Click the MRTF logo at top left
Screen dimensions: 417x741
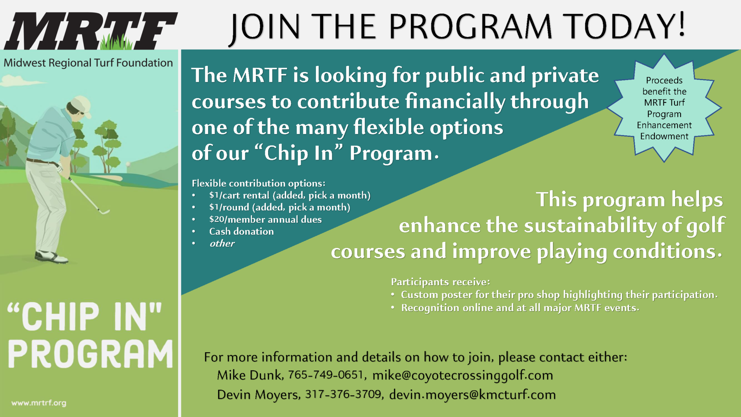90,31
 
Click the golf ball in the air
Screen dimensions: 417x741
128,164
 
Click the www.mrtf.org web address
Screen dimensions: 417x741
39,403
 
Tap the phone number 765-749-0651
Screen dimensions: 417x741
326,375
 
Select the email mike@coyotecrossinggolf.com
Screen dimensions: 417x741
462,375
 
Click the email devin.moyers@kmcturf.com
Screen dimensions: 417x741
472,395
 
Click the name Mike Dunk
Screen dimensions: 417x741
249,375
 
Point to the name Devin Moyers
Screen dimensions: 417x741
258,395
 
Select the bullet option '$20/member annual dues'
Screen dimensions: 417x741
265,219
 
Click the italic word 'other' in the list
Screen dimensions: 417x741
222,243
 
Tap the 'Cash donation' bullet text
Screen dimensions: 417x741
241,231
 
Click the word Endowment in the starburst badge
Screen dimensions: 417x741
664,136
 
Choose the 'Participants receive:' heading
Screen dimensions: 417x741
440,282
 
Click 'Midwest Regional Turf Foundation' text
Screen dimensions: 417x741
88,63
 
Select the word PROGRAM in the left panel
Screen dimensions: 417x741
90,354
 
